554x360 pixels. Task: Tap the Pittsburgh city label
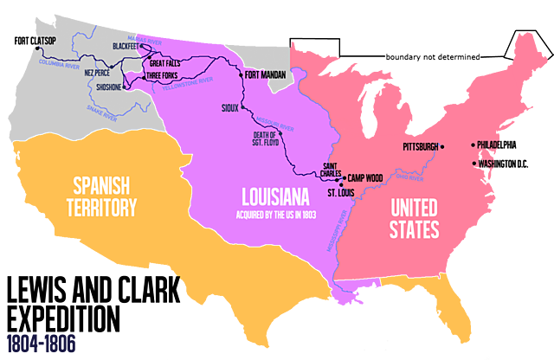421,146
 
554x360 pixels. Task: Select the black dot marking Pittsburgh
442,147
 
